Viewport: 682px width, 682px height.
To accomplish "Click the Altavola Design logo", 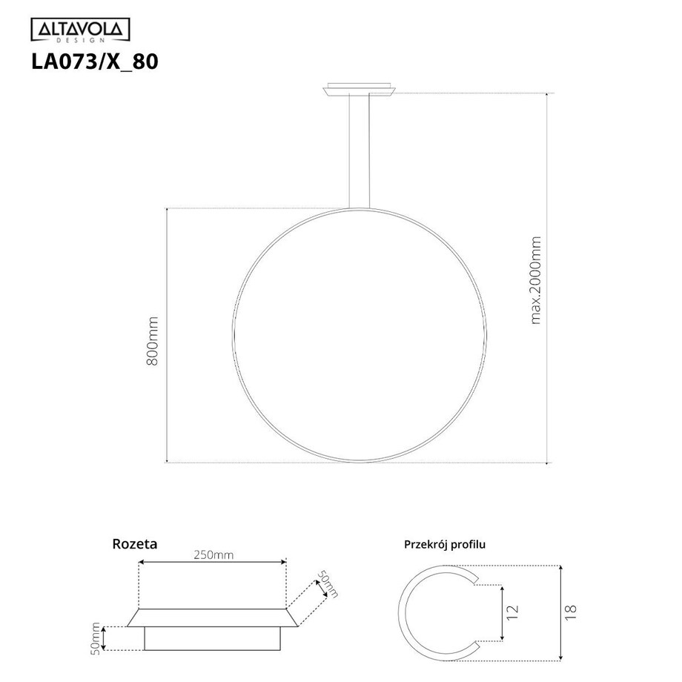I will pos(79,30).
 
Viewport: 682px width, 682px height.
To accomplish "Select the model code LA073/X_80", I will pos(93,62).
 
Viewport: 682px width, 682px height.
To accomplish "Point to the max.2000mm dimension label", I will pos(536,280).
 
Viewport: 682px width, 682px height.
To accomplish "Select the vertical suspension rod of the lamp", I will pos(360,152).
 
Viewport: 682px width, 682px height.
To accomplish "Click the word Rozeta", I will pos(134,543).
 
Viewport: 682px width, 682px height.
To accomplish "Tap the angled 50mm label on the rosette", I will pos(327,583).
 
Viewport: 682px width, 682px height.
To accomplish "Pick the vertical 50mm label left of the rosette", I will pos(96,637).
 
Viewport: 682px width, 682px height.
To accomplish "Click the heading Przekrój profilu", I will pos(444,544).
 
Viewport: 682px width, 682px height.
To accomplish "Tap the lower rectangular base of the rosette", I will pos(213,639).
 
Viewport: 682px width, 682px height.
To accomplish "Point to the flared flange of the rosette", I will pos(213,618).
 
